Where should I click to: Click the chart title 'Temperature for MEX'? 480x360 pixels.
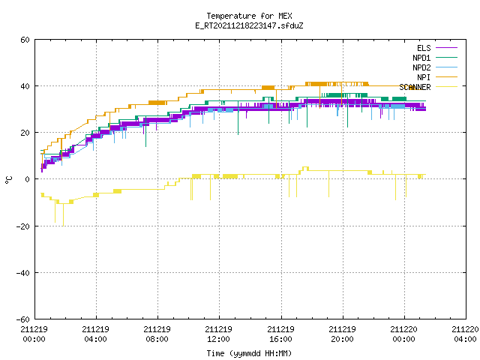point(249,16)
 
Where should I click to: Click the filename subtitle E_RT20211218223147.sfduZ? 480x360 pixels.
point(249,25)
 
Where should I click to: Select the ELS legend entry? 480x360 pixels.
point(437,48)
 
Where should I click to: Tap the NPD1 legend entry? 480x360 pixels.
point(435,58)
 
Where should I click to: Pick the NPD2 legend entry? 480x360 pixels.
point(435,67)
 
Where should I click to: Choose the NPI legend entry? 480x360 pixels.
point(437,77)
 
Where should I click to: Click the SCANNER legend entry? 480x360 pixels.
point(428,87)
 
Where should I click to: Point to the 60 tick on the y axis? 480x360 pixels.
point(25,40)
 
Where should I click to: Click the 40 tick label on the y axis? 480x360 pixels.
point(25,86)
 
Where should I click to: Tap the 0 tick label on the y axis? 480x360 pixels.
point(27,179)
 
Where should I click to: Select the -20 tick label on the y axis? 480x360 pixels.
point(23,226)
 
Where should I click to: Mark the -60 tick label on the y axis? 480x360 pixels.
point(23,319)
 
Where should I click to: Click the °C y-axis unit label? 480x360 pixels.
point(8,180)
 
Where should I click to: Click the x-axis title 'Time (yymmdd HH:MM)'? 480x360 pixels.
point(249,353)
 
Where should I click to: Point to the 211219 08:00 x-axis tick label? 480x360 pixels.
point(157,334)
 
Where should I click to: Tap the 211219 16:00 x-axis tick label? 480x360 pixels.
point(280,334)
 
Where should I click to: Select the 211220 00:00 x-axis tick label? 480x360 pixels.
point(403,334)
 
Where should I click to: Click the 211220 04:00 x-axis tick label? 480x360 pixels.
point(465,334)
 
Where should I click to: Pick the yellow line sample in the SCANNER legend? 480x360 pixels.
point(447,87)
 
